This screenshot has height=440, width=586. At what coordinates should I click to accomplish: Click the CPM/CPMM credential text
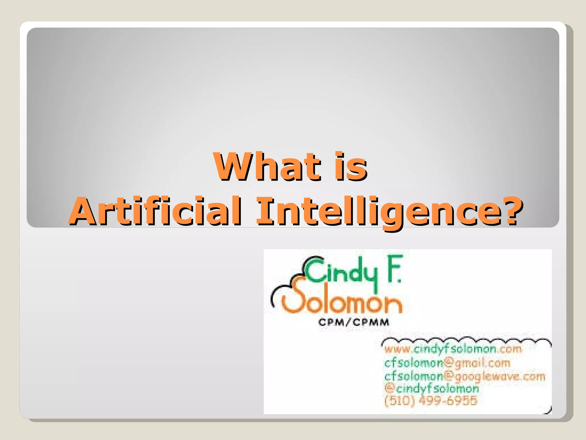click(x=354, y=323)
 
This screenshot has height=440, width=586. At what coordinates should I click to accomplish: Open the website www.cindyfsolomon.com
click(x=453, y=349)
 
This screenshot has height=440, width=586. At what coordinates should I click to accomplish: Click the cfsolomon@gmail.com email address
click(x=447, y=363)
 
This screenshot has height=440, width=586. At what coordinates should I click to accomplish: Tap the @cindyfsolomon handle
click(x=431, y=388)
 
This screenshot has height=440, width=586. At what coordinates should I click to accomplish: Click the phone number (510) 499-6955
click(x=431, y=401)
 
